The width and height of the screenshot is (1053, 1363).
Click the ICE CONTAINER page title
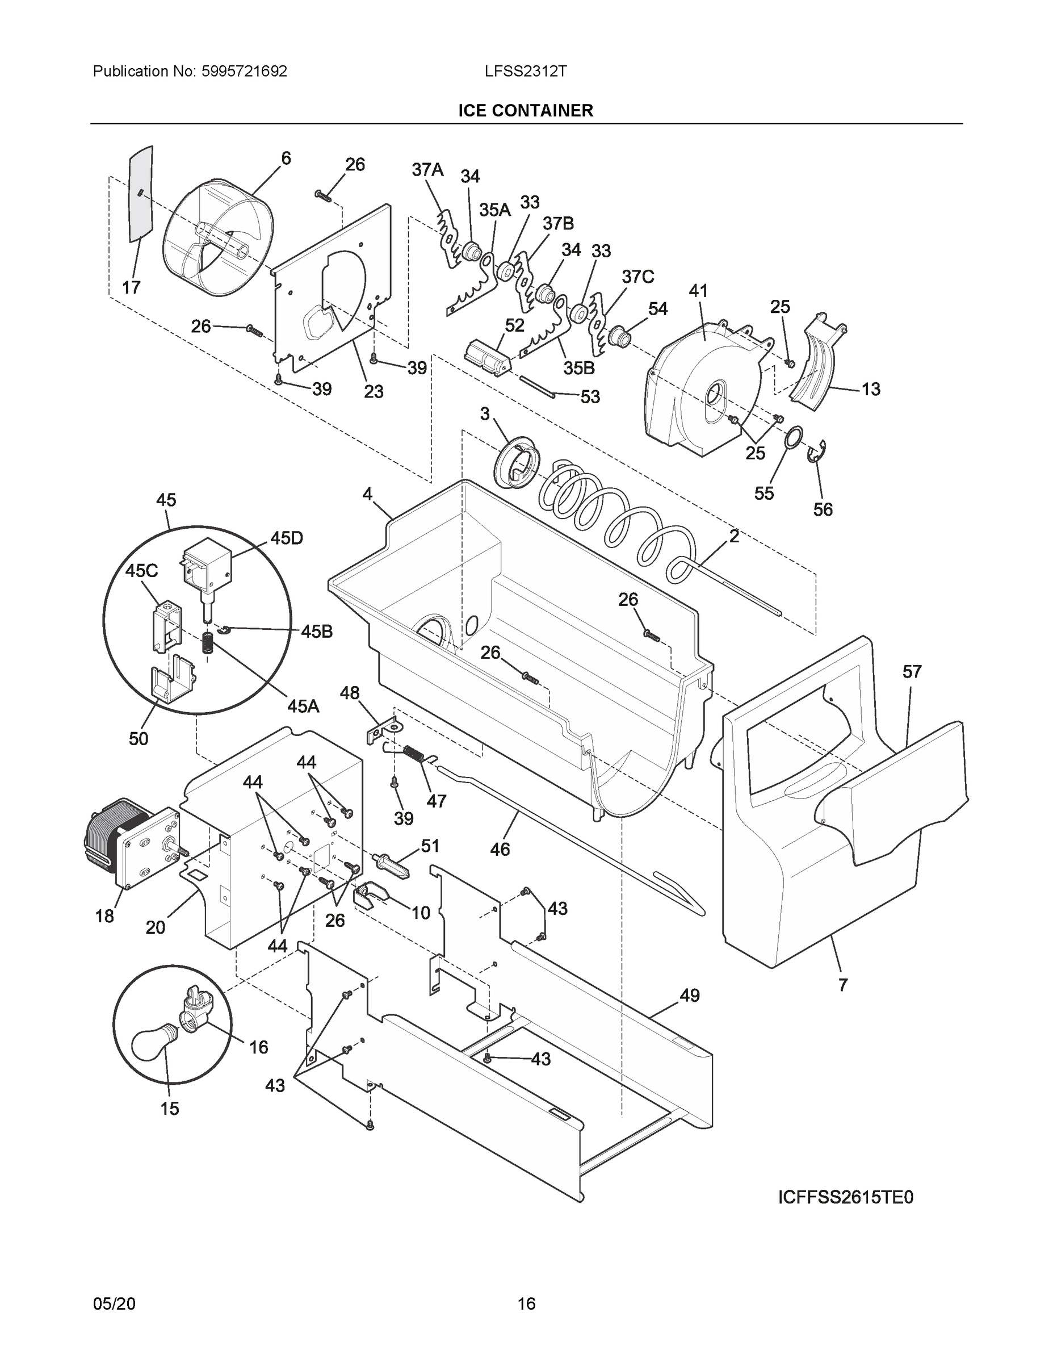coord(525,111)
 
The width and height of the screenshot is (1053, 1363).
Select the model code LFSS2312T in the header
coord(525,71)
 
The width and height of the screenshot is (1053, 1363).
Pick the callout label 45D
coord(286,538)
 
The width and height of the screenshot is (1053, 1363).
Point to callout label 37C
coord(637,277)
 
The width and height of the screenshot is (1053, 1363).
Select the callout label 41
coord(698,290)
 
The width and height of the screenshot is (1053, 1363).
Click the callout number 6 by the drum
coord(286,158)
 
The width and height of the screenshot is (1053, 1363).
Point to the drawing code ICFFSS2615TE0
coord(845,1198)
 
